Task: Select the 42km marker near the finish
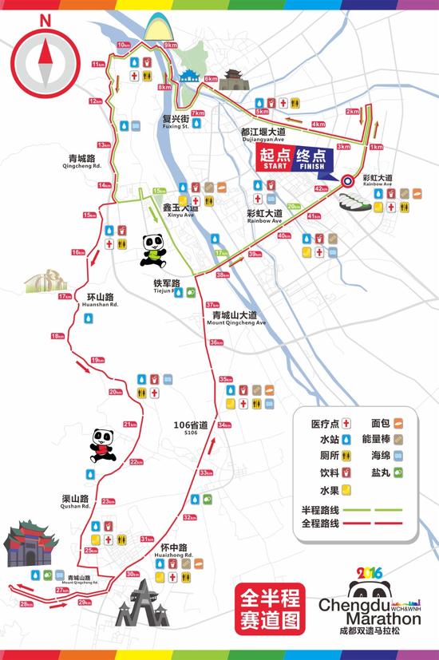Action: pos(321,188)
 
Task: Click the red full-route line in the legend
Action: pos(377,524)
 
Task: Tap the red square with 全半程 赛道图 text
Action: pos(269,607)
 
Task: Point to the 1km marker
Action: pos(376,147)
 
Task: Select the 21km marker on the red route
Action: pos(129,424)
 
